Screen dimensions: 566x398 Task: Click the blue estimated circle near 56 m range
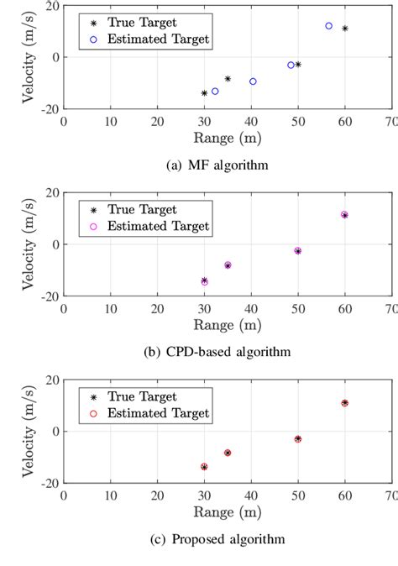(x=328, y=26)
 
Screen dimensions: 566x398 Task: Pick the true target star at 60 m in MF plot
(x=344, y=29)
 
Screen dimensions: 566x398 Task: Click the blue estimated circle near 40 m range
(x=253, y=81)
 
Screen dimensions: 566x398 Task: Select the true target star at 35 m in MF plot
(x=228, y=79)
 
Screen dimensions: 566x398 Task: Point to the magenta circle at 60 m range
(x=344, y=214)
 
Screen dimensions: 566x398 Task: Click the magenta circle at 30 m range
(x=204, y=282)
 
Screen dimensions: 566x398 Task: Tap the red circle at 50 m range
(x=297, y=438)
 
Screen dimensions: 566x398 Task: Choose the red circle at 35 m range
(x=228, y=453)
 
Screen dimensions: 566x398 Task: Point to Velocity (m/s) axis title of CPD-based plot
(x=30, y=244)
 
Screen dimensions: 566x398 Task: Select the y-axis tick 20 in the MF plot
(x=52, y=6)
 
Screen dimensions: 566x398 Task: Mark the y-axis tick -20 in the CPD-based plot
(x=48, y=296)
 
